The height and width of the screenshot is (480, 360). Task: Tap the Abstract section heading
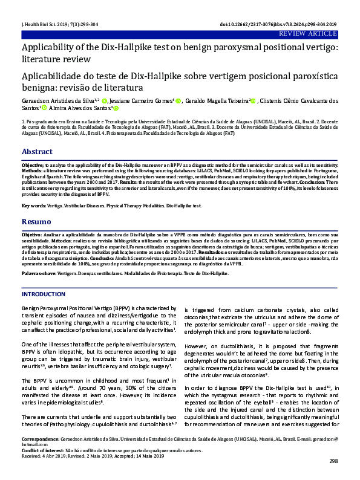click(x=37, y=151)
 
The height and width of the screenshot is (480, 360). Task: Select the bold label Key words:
click(x=33, y=206)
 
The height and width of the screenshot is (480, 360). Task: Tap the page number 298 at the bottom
click(x=333, y=462)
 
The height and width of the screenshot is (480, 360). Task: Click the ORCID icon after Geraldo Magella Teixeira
click(x=254, y=101)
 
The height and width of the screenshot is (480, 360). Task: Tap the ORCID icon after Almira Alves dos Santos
click(x=116, y=109)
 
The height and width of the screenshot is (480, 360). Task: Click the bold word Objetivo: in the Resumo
click(x=31, y=233)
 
